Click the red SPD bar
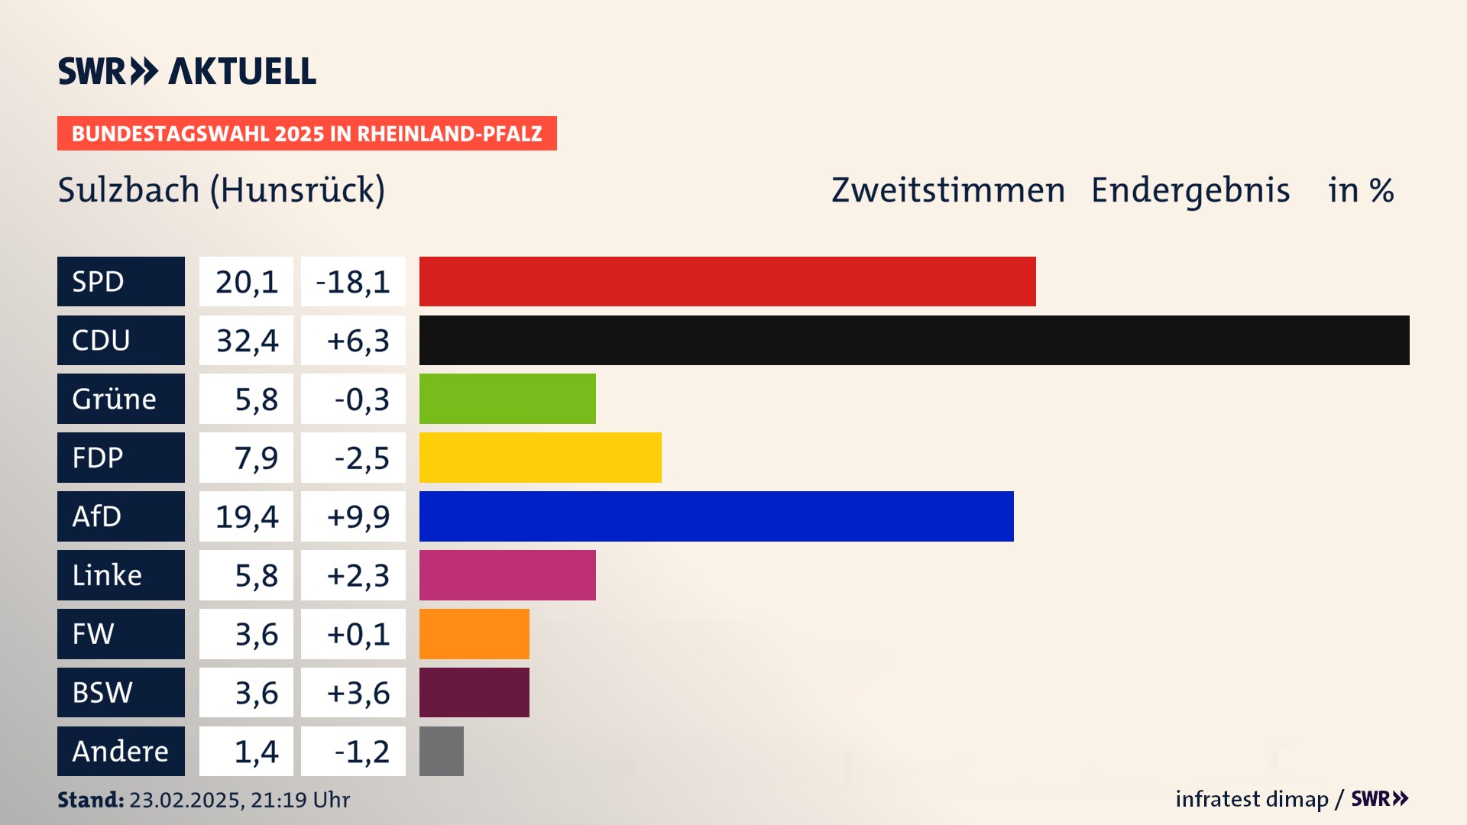(x=727, y=281)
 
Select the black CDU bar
(x=914, y=340)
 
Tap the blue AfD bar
(x=716, y=516)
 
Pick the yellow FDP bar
(x=540, y=458)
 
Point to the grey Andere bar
(x=442, y=751)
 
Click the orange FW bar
(x=474, y=634)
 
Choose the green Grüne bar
(x=507, y=399)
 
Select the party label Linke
(x=107, y=575)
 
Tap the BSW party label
(x=102, y=693)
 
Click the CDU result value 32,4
(x=247, y=341)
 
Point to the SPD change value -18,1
(x=353, y=282)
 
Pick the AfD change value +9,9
(x=358, y=517)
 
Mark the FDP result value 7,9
(x=256, y=458)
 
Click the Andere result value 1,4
(x=256, y=752)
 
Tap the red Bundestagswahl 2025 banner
(x=306, y=134)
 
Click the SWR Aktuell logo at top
(x=187, y=71)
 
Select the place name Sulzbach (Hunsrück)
(x=222, y=190)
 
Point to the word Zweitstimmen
(x=948, y=190)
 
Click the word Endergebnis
(x=1190, y=190)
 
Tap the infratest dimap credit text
(x=1252, y=799)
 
